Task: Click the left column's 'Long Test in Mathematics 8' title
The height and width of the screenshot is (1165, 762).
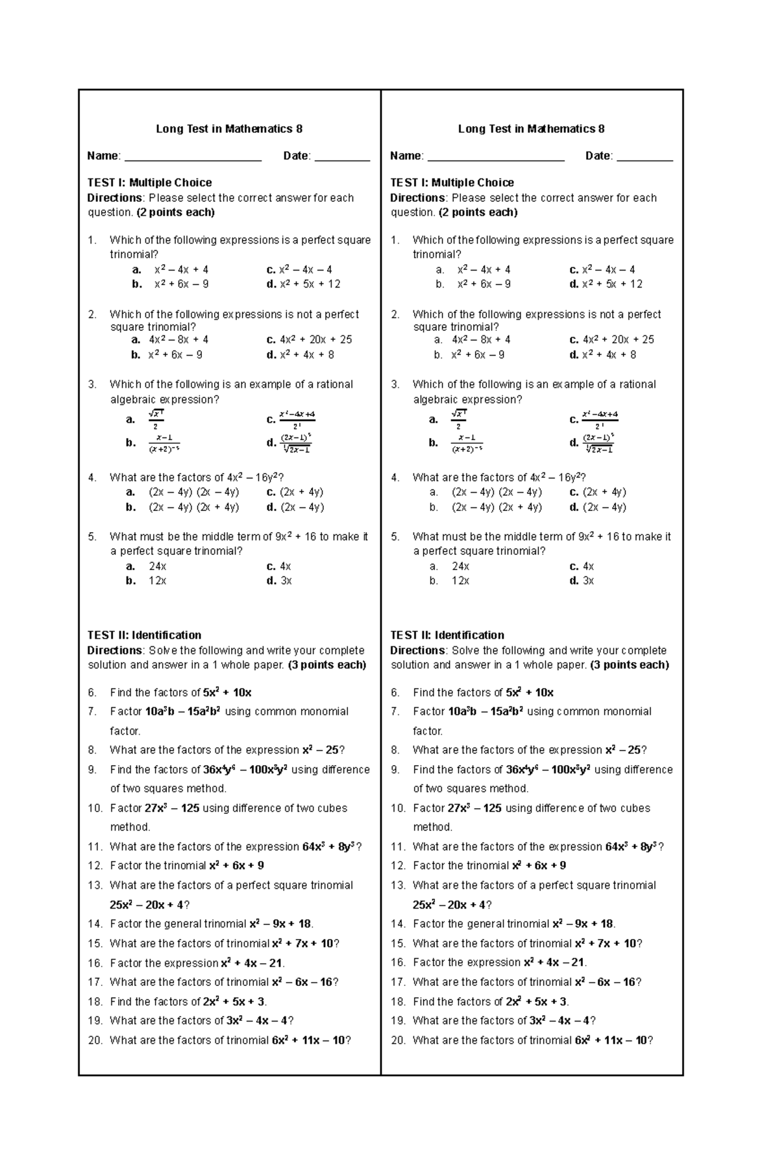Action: pyautogui.click(x=229, y=129)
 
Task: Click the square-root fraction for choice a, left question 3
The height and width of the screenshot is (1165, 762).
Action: pyautogui.click(x=156, y=419)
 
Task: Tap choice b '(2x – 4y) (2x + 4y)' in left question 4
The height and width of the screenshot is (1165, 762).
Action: pyautogui.click(x=194, y=507)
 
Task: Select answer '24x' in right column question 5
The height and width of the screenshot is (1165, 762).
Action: pyautogui.click(x=460, y=566)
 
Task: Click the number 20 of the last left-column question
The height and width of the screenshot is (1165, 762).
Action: pyautogui.click(x=95, y=1041)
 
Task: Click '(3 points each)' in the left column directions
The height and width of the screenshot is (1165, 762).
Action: pyautogui.click(x=327, y=665)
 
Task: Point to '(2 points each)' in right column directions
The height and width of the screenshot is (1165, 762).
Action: pyautogui.click(x=478, y=213)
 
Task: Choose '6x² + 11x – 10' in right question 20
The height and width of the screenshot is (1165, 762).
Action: pyautogui.click(x=610, y=1041)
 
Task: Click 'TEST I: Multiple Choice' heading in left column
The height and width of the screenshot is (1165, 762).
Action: pyautogui.click(x=149, y=183)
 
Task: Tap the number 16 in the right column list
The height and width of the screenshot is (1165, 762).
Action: pyautogui.click(x=398, y=963)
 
